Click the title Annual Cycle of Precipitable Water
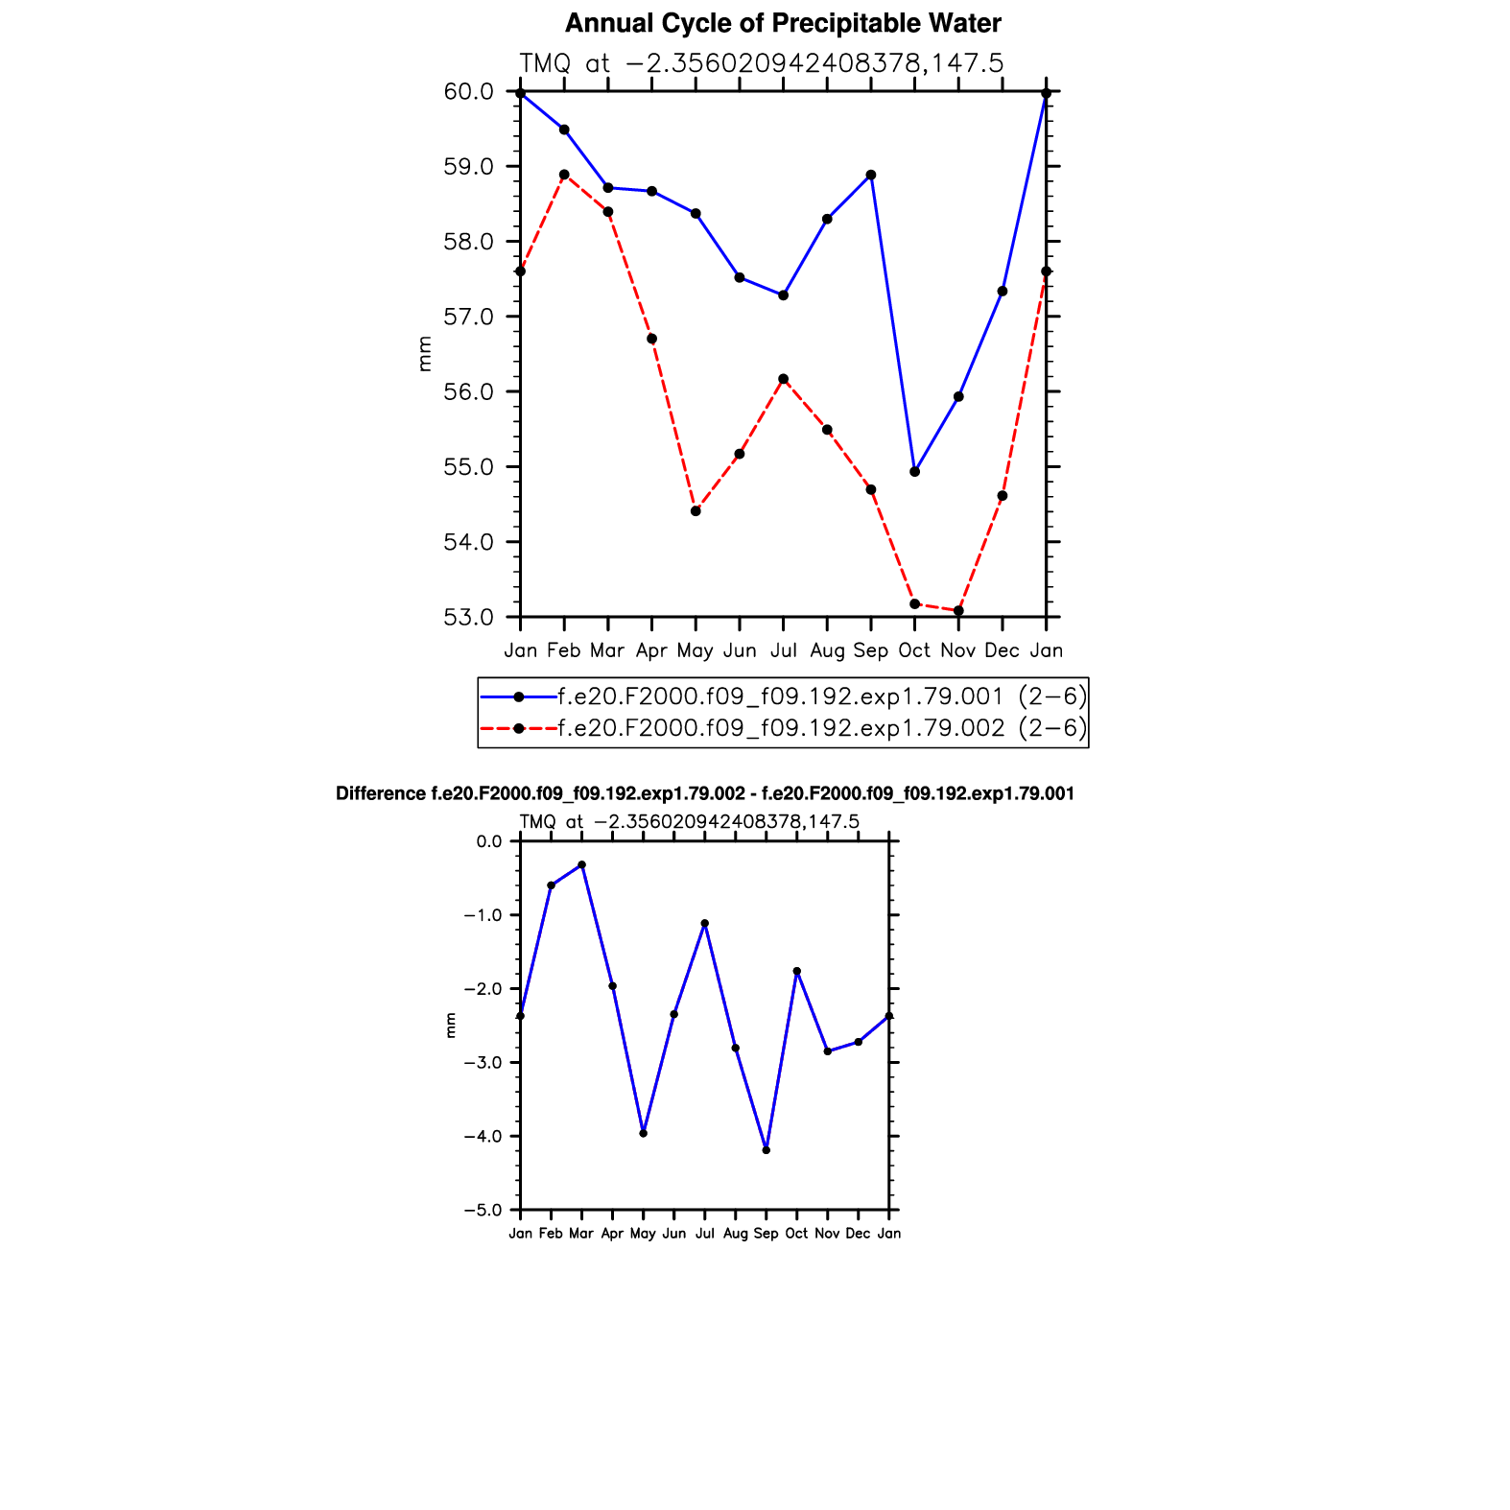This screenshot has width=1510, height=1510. coord(783,23)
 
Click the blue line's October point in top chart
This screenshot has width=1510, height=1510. coord(914,472)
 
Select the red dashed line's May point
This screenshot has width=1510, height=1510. coord(696,511)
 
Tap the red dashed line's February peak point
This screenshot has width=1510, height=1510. coord(564,175)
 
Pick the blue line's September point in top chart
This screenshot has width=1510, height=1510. coord(870,175)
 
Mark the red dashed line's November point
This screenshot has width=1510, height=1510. coord(958,611)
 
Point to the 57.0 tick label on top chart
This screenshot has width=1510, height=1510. coord(468,317)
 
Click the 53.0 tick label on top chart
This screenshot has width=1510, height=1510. coord(468,617)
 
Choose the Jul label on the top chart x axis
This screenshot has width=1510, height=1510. coord(783,650)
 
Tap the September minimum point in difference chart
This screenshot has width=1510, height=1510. coord(766,1150)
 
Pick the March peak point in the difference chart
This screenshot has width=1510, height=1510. coord(581,865)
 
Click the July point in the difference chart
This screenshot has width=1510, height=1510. coord(704,923)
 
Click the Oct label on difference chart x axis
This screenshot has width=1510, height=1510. coord(796,1234)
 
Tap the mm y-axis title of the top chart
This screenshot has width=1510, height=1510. coord(425,354)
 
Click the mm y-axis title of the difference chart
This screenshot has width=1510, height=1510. coord(451,1026)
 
